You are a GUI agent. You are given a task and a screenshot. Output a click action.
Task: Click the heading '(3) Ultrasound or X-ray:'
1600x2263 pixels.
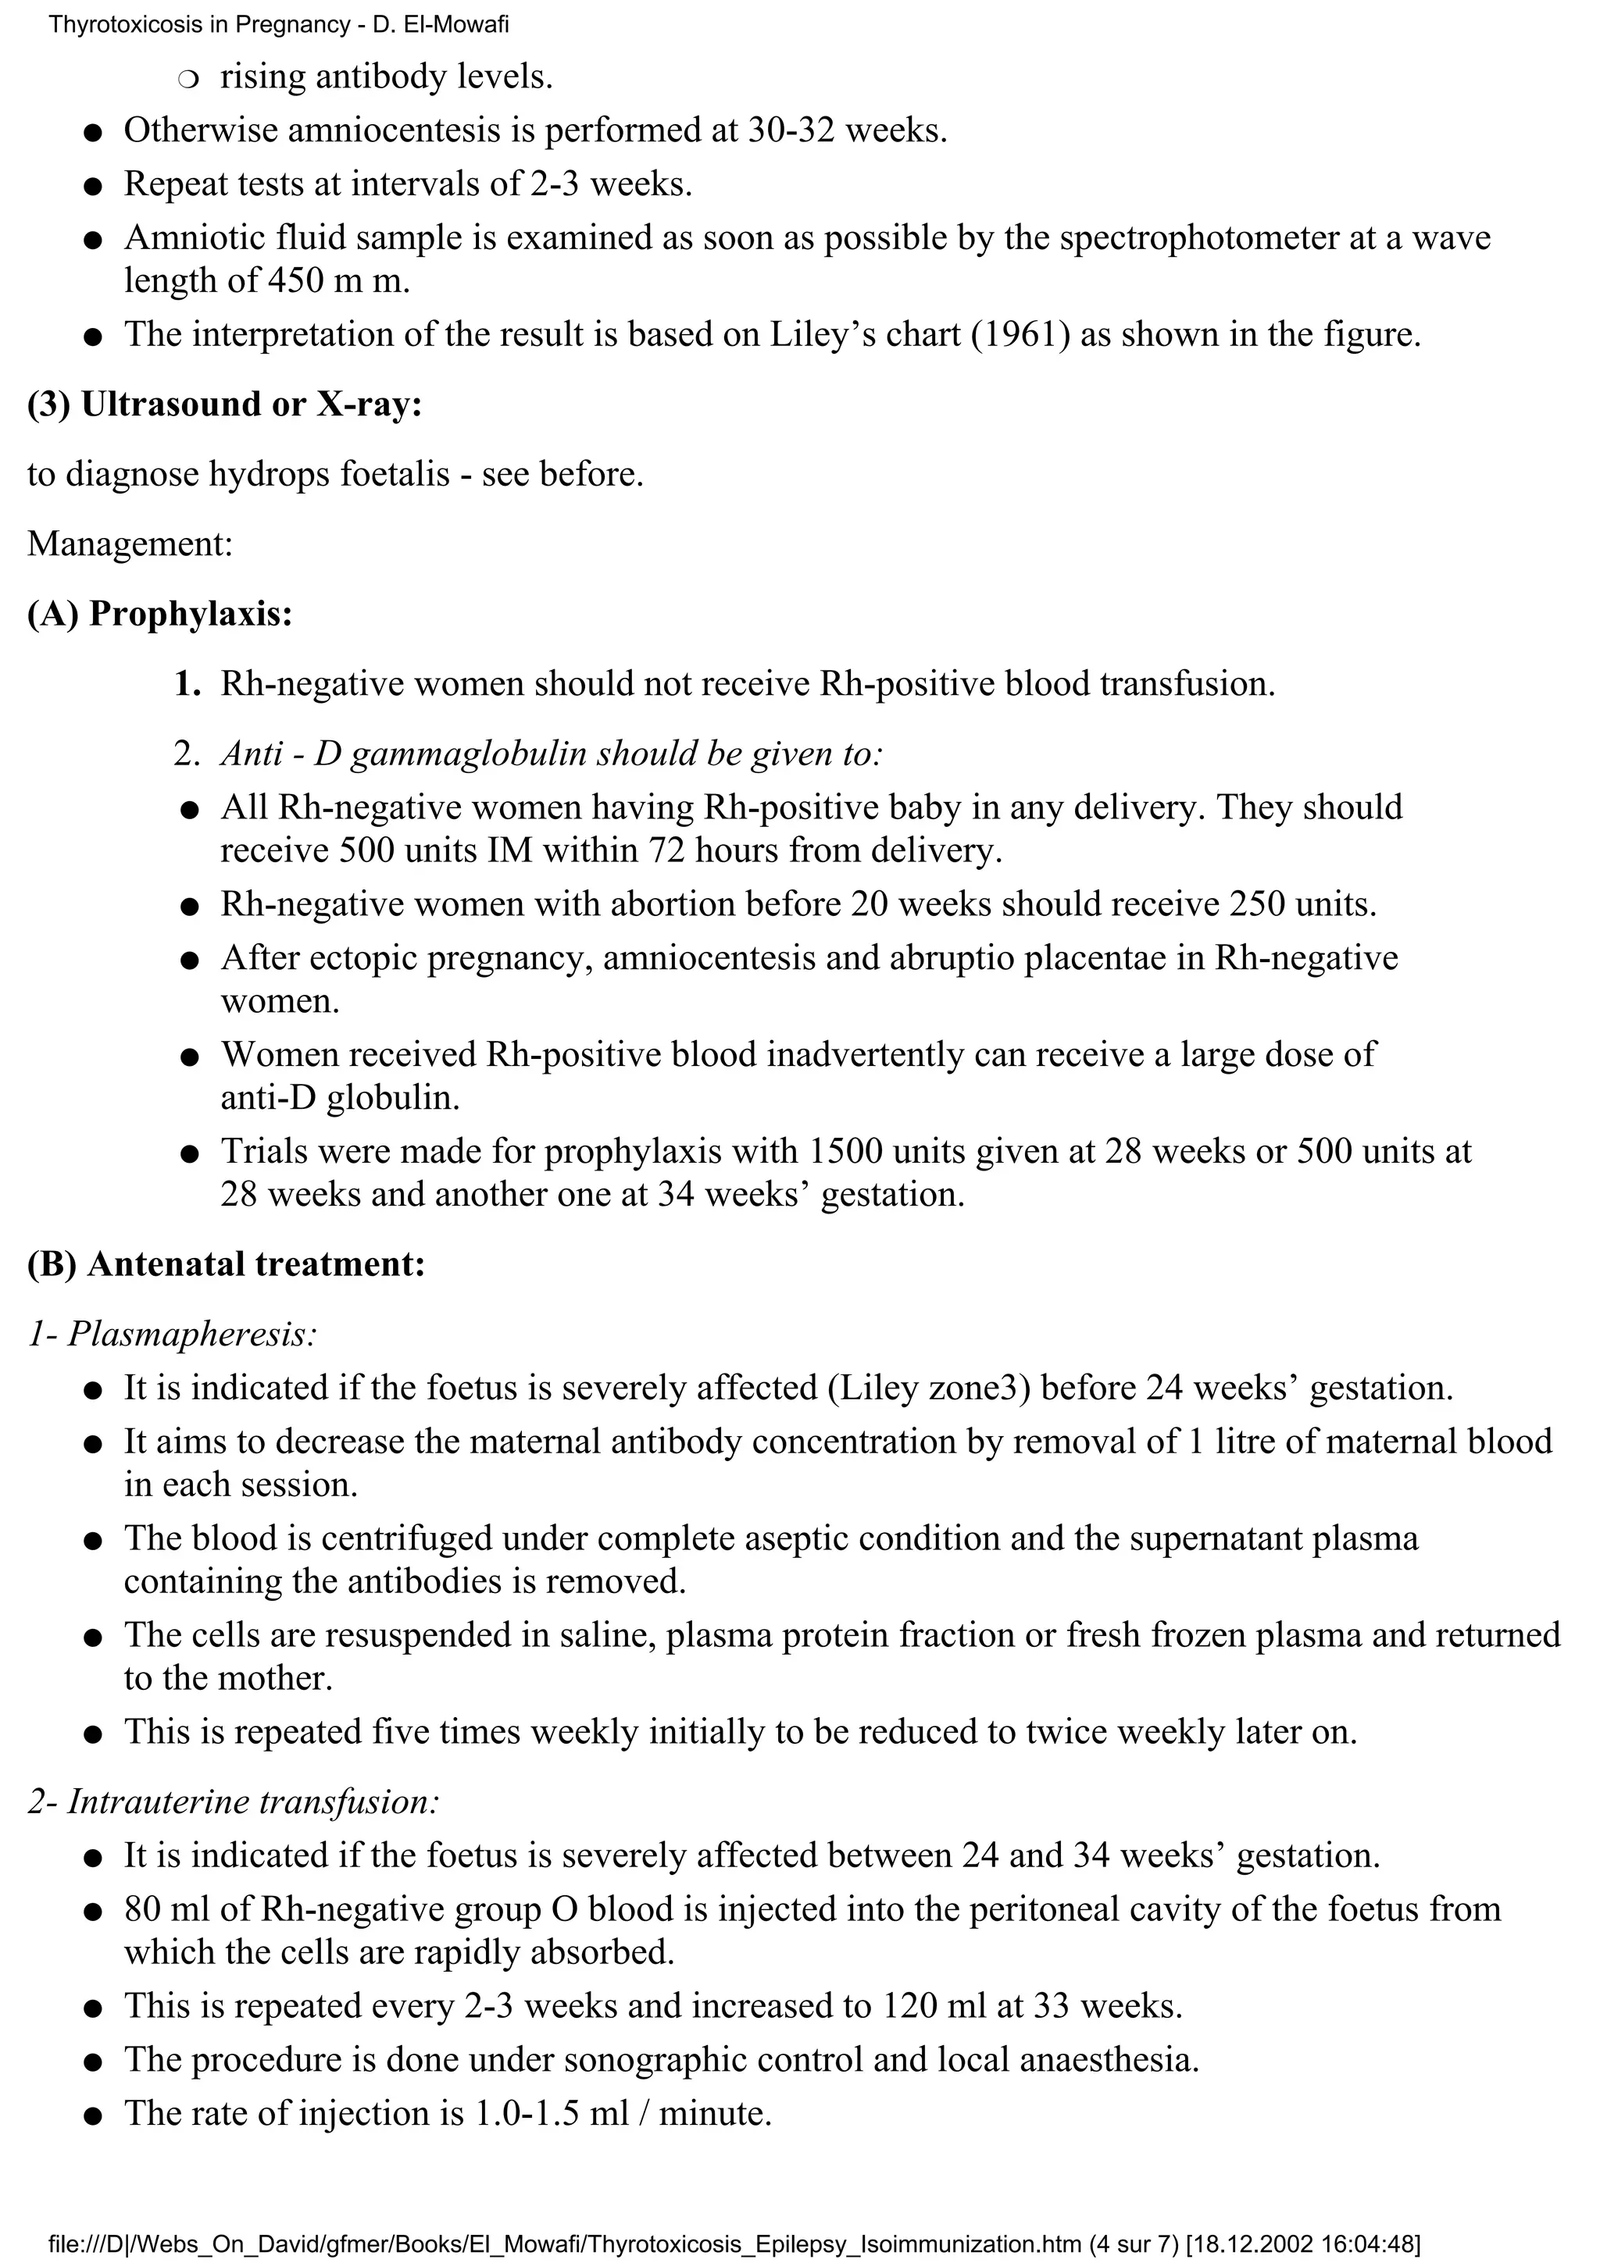click(225, 405)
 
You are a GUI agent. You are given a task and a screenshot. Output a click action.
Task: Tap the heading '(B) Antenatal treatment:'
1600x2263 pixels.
click(226, 1264)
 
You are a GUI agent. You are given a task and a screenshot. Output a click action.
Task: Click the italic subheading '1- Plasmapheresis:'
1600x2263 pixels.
click(173, 1335)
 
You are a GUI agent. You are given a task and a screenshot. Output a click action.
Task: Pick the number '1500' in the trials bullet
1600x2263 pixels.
click(844, 1151)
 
